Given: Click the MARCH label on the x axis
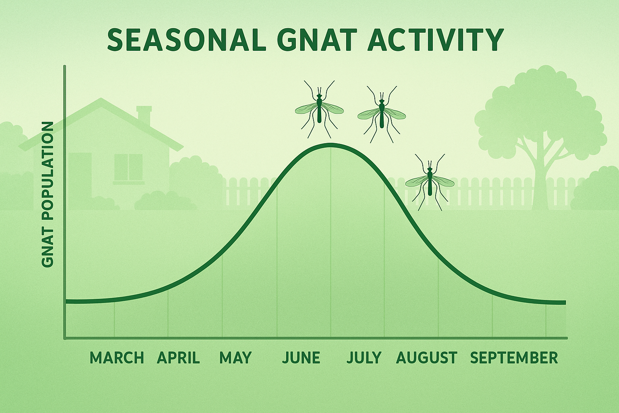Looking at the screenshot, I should (x=116, y=358).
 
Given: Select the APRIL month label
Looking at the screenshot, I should (x=178, y=358).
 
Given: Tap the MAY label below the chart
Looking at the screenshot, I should (x=235, y=358).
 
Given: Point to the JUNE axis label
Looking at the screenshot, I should (x=301, y=358).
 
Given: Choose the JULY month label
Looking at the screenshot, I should (x=364, y=358).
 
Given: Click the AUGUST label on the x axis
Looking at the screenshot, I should (x=427, y=358).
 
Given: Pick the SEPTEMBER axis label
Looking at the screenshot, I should (x=514, y=358).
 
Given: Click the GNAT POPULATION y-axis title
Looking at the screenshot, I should (x=48, y=194).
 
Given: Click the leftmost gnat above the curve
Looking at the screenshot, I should (x=319, y=108).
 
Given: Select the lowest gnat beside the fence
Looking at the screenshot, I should (x=430, y=181).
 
